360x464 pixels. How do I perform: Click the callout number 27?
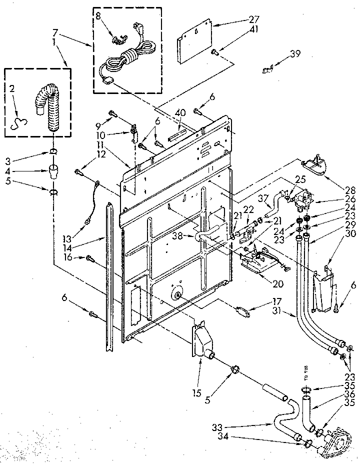254,19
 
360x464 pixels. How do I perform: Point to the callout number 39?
295,53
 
